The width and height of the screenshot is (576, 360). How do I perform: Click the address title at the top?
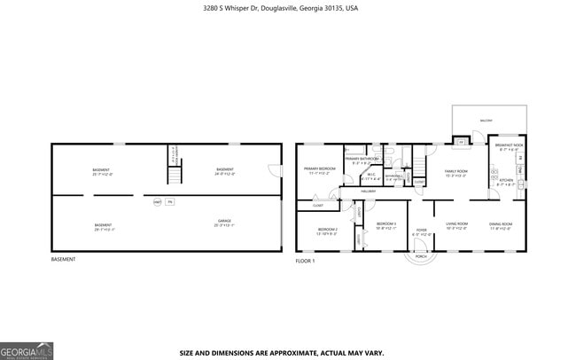point(288,7)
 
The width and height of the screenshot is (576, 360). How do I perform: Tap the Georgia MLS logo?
point(27,350)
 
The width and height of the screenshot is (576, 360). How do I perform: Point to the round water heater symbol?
point(157,202)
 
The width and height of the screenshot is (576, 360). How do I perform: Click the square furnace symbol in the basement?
point(170,202)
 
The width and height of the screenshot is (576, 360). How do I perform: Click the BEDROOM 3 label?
point(386,224)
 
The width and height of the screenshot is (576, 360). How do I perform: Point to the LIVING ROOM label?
point(456,225)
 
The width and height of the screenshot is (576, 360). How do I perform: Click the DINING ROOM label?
point(502,225)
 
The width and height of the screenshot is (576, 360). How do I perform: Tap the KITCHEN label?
point(505,181)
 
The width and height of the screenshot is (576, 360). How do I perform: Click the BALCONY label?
point(486,120)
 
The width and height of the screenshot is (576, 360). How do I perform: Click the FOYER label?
point(422,231)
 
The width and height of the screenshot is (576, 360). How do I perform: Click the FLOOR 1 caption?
point(305,261)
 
